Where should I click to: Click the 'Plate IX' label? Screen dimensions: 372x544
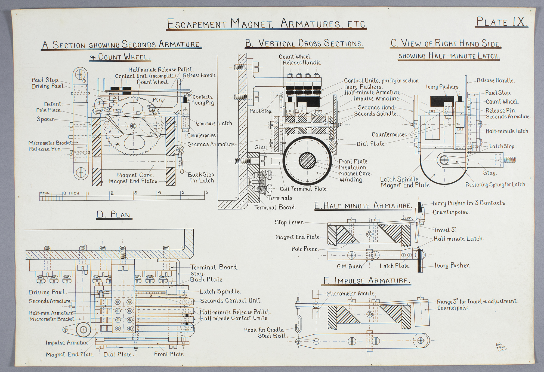(502, 22)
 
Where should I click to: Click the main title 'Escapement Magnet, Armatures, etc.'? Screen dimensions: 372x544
(267, 24)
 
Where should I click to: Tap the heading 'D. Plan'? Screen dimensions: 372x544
(115, 215)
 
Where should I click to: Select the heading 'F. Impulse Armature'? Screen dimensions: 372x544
(366, 280)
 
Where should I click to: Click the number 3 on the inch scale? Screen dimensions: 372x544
(136, 193)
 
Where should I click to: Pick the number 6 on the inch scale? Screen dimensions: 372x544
(207, 192)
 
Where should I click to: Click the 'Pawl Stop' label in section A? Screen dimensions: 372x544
(45, 80)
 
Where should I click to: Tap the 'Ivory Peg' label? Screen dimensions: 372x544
(204, 103)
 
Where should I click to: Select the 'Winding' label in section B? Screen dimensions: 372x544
(351, 180)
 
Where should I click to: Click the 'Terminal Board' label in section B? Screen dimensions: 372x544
(275, 207)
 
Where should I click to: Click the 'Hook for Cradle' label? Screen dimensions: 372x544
(264, 330)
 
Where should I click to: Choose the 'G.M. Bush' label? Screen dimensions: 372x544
(350, 266)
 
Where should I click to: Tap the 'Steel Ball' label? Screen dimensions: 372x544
(272, 336)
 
